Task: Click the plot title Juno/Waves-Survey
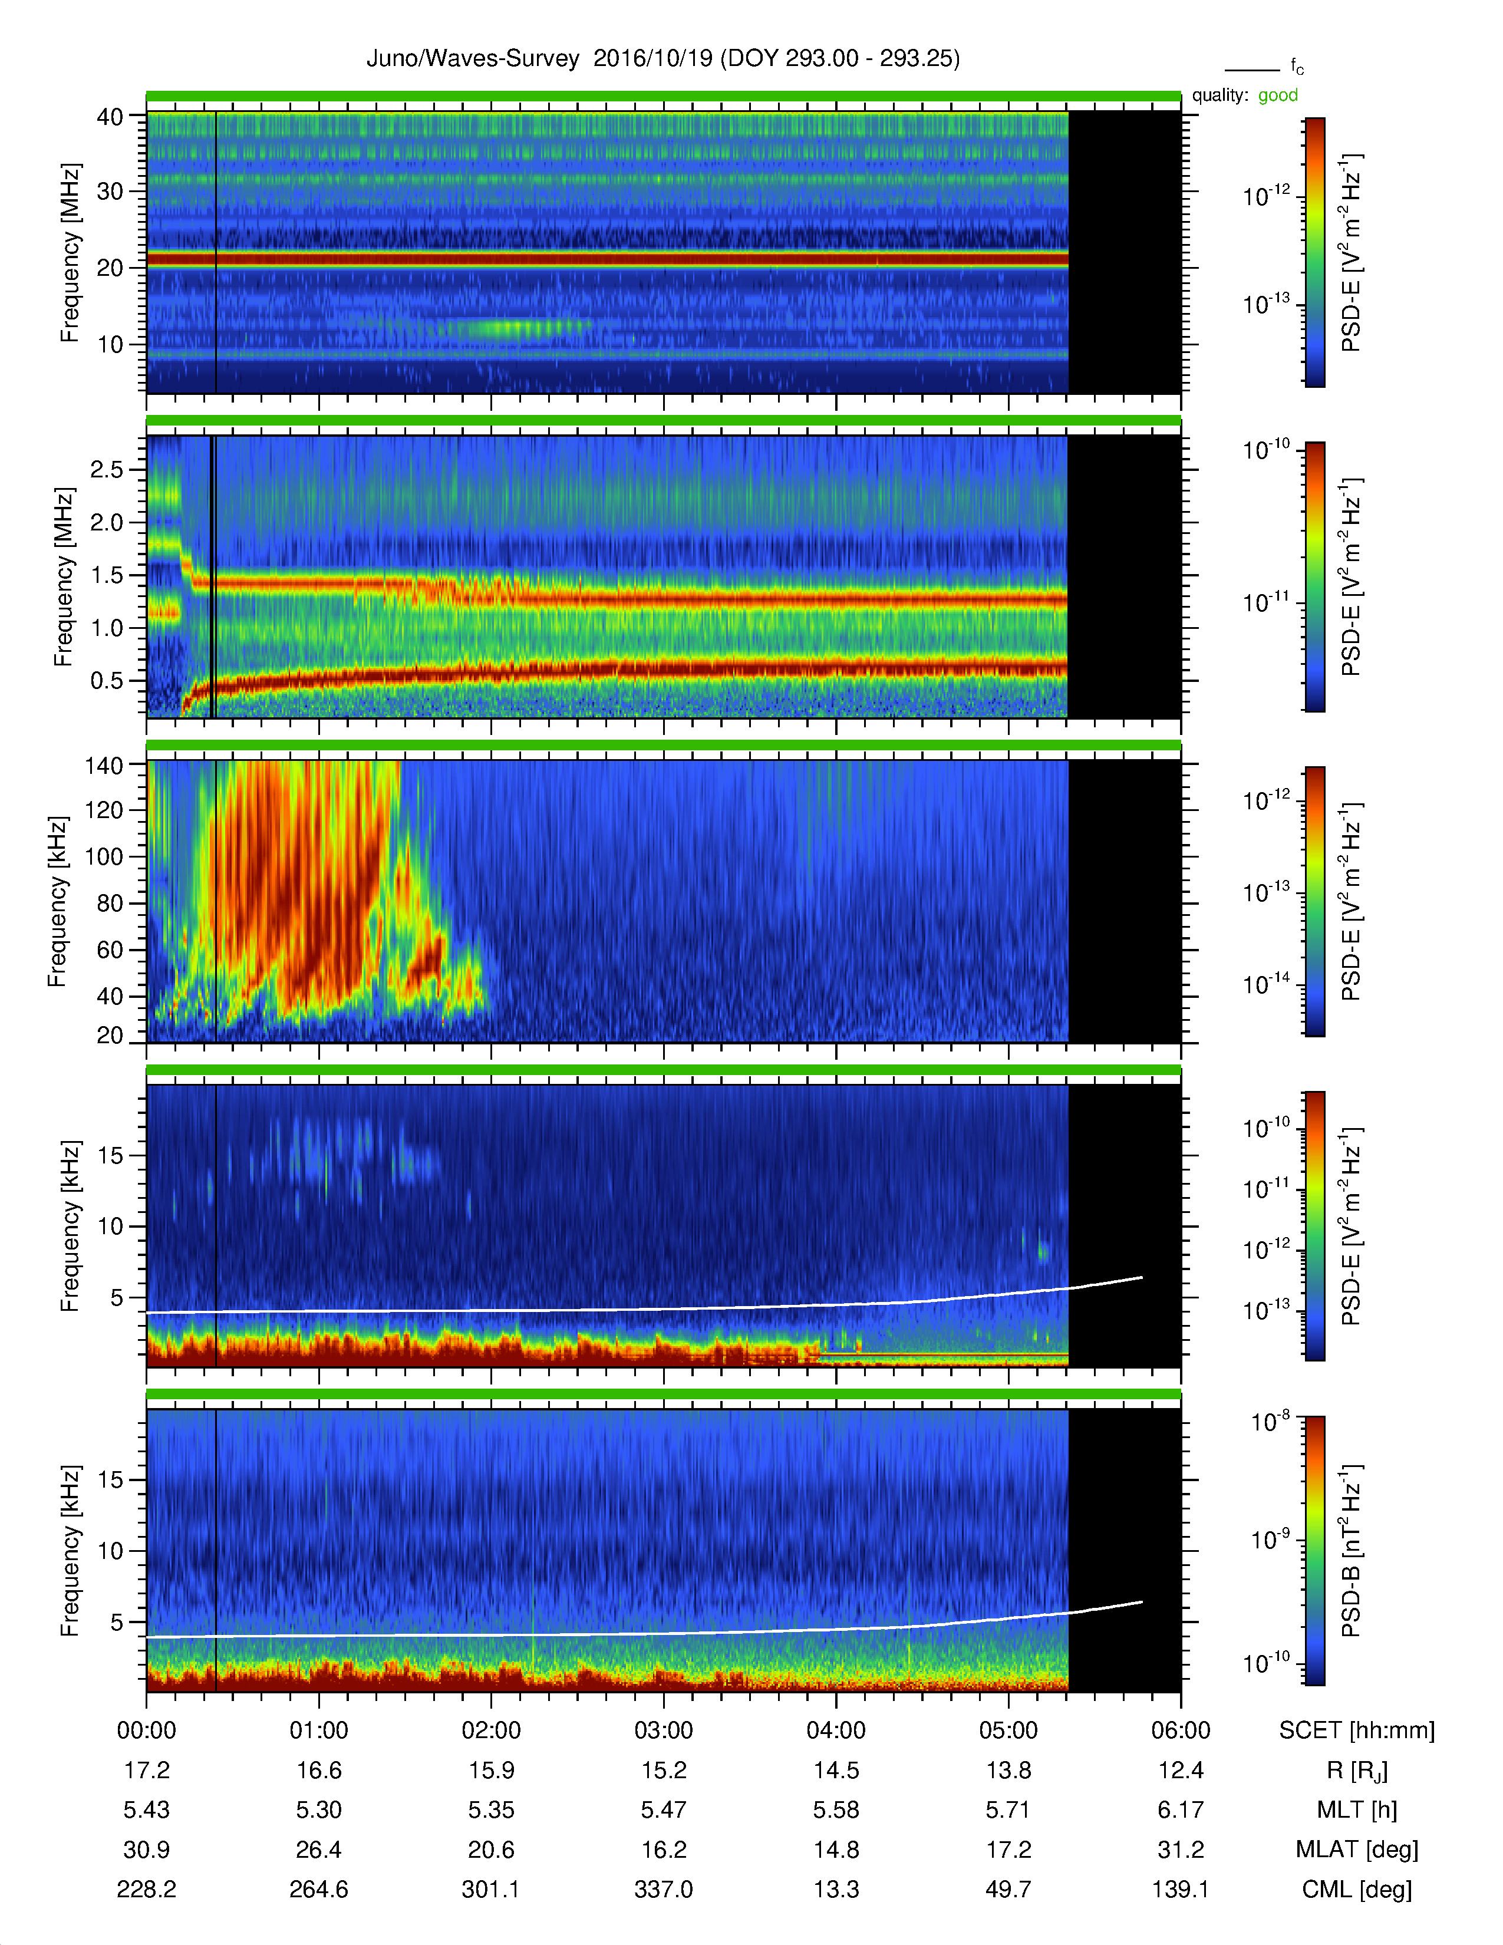click(473, 59)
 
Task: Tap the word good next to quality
click(1278, 95)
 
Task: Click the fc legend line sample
click(1252, 70)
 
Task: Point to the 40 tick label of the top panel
click(110, 117)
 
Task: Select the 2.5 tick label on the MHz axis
click(107, 469)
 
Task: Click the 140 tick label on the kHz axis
click(103, 765)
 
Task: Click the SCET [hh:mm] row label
click(1357, 1730)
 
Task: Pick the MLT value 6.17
click(1181, 1809)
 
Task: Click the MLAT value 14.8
click(836, 1850)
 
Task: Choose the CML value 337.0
click(663, 1889)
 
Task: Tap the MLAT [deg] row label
click(1357, 1850)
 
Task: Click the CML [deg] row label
click(1357, 1890)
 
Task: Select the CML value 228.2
click(147, 1889)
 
